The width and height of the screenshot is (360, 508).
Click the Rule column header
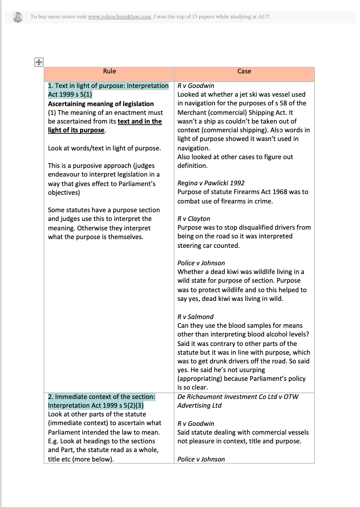[x=109, y=71]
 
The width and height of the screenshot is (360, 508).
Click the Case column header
[x=244, y=71]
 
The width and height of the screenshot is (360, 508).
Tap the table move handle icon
[x=39, y=62]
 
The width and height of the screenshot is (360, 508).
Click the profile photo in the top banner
[x=17, y=17]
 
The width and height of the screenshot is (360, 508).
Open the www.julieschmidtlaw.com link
[x=119, y=17]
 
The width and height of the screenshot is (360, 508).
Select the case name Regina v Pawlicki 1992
[x=211, y=183]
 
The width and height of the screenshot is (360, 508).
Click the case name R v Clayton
[x=194, y=219]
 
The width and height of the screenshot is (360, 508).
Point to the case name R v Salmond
[x=196, y=317]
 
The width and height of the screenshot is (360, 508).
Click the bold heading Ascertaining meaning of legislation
[x=101, y=104]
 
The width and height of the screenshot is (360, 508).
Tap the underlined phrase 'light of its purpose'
[x=76, y=130]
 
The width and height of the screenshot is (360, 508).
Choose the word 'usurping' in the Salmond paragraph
[x=252, y=370]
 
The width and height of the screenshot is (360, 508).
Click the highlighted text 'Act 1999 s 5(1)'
[x=70, y=94]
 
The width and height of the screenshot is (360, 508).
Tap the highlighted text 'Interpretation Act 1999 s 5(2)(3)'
[x=96, y=406]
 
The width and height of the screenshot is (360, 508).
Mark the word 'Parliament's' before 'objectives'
[x=137, y=184]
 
